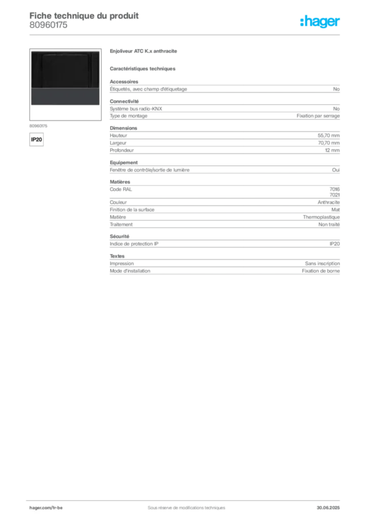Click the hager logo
click(320, 21)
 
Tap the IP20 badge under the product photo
click(36, 140)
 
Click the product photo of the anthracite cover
click(65, 78)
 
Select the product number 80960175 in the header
click(49, 25)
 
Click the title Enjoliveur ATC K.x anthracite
click(143, 51)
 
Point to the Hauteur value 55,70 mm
click(329, 136)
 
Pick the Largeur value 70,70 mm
click(329, 143)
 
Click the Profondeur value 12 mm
click(332, 150)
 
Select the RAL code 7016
click(335, 189)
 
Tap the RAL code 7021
click(335, 195)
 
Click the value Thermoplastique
click(322, 217)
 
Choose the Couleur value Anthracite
click(329, 202)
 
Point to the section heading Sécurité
click(119, 237)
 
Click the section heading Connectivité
click(124, 101)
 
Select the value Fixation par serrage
click(318, 116)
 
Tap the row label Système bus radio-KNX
click(136, 109)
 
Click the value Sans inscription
click(323, 264)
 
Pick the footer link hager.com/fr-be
click(46, 508)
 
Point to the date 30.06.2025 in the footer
click(328, 508)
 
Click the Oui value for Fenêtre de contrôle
click(336, 170)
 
